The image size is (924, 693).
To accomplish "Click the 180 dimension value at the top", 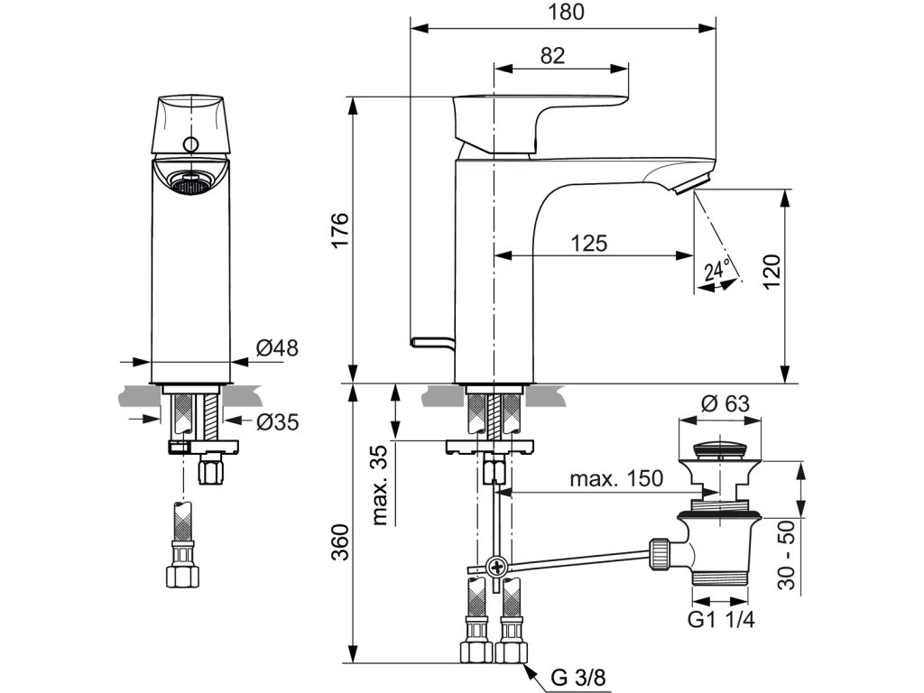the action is point(567,12).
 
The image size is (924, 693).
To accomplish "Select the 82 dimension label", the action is point(552,55).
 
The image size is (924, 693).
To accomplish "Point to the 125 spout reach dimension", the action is point(588,243).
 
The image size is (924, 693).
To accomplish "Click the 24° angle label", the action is point(717,270).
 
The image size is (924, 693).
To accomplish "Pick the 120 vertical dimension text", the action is point(771,271).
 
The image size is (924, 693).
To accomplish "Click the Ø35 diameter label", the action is point(278,421).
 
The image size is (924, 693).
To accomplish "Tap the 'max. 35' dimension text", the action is point(382,485).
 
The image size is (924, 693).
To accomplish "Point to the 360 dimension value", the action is point(340,541).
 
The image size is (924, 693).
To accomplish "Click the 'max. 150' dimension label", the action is point(615,478).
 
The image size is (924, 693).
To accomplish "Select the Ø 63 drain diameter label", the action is point(725,403).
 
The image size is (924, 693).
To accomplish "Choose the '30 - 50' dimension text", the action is point(786,555).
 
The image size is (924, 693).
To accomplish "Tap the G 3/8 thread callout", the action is point(578,677).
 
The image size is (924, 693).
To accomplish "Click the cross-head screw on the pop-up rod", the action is point(497,568).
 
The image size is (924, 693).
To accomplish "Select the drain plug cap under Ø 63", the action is point(720,449).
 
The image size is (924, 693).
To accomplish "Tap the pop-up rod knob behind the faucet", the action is point(432,342).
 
